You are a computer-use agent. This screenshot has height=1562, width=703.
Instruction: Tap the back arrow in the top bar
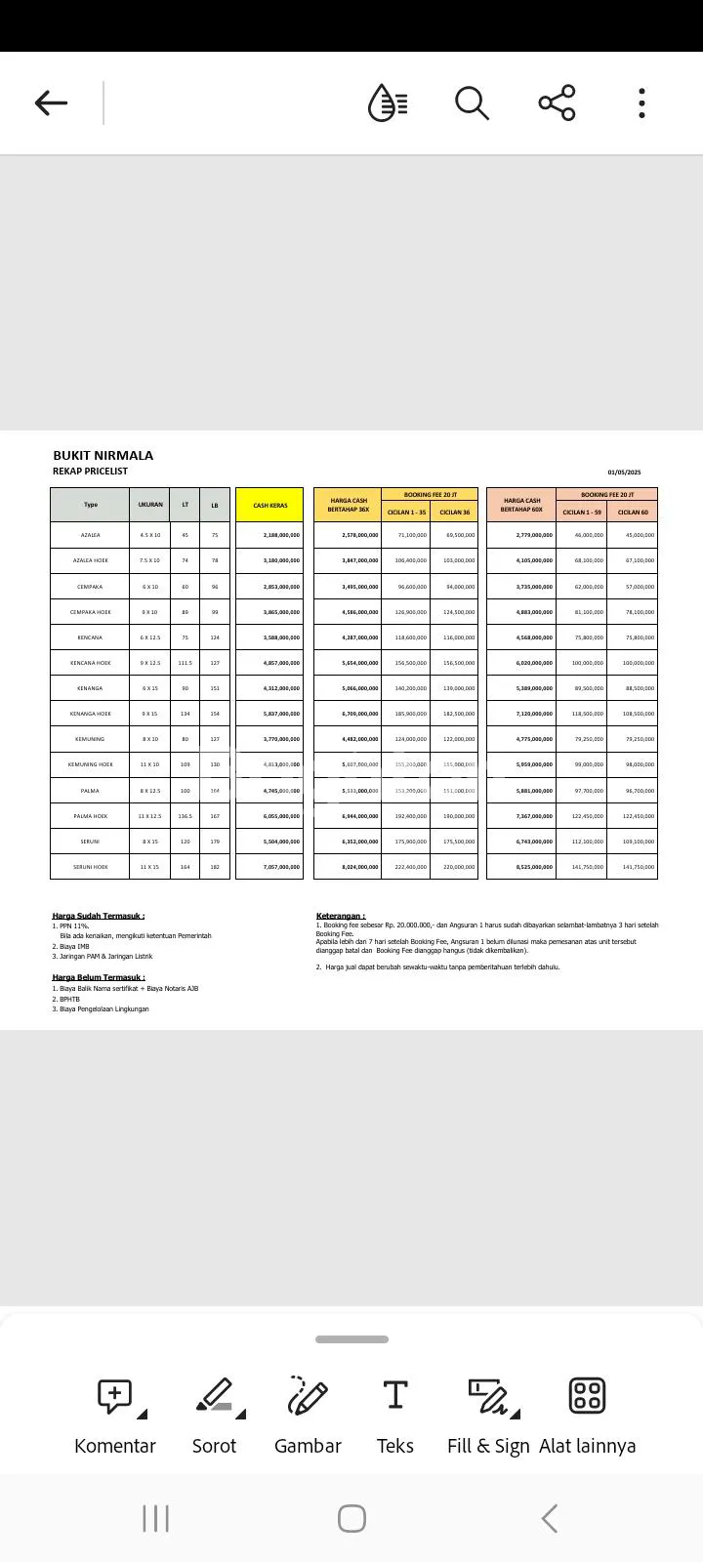(51, 103)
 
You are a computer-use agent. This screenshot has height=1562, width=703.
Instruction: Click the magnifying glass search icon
(472, 103)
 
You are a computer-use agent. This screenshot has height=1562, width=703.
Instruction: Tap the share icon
(557, 103)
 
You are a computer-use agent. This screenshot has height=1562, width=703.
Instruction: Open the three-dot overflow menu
(641, 103)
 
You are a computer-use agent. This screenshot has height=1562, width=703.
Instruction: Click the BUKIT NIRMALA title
(103, 455)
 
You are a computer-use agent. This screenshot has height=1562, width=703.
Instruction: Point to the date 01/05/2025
(624, 473)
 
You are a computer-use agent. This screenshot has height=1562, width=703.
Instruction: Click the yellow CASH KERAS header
(269, 506)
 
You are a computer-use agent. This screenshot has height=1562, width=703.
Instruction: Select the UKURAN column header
(150, 505)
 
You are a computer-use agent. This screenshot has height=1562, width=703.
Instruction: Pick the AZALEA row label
(90, 535)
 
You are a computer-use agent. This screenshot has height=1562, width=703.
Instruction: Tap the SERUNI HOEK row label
(90, 867)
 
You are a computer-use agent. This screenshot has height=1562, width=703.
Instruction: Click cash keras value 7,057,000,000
(281, 867)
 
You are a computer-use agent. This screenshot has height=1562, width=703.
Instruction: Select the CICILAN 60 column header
(632, 512)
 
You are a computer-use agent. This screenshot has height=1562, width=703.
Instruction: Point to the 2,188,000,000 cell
(281, 535)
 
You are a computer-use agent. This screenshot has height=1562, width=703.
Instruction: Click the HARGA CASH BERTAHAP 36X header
(348, 506)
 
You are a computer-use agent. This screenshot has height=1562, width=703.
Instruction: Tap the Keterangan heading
(341, 916)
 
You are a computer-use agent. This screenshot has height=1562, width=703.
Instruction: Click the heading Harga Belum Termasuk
(99, 977)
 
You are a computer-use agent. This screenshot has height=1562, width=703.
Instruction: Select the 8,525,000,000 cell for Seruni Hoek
(534, 867)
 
